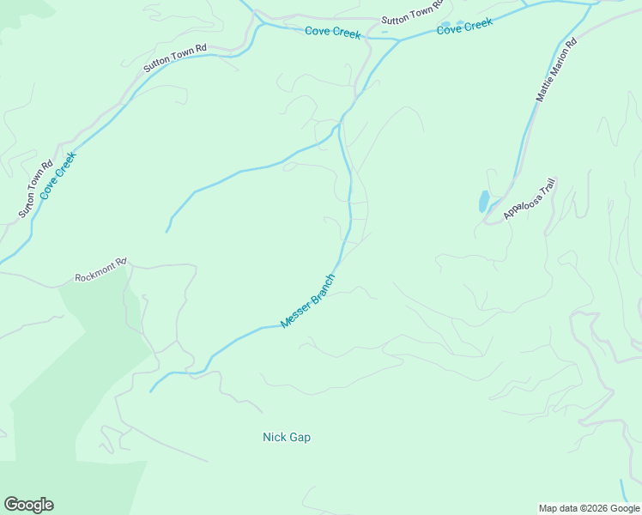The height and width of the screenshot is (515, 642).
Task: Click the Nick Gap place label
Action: (286, 437)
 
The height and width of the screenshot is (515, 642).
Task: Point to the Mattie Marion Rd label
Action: (556, 70)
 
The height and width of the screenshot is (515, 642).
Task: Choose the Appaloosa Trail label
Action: (530, 199)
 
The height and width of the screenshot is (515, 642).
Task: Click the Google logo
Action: (28, 504)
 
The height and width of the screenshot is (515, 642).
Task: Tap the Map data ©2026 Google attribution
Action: (588, 508)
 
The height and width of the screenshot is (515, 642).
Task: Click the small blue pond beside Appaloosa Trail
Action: (484, 202)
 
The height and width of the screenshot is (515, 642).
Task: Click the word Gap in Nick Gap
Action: (300, 437)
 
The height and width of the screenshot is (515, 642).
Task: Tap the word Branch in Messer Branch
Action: (323, 288)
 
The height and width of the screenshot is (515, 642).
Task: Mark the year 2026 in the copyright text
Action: (594, 508)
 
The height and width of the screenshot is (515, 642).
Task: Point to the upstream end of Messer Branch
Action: (151, 391)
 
